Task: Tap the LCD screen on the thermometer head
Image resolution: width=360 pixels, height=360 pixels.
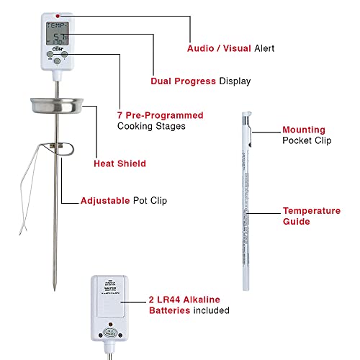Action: point(55,33)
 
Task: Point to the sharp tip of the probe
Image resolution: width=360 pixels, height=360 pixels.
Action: point(54,282)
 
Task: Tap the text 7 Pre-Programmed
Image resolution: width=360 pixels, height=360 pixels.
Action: point(160,115)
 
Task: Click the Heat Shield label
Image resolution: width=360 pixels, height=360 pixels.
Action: point(120,163)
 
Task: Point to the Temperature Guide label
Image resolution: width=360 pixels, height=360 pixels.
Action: point(311,216)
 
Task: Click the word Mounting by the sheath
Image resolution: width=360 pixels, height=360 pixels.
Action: point(306,130)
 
